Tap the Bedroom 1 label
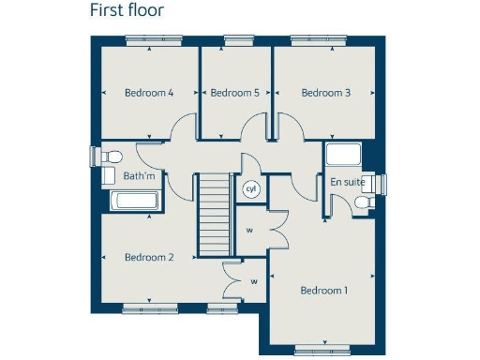[323, 291]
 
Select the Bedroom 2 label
[149, 258]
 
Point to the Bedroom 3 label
[325, 93]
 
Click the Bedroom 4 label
[149, 93]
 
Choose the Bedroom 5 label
[234, 93]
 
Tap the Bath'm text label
[138, 175]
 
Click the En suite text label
[348, 181]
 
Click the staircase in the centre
[214, 216]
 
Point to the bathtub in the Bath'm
[136, 200]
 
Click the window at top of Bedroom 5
[236, 39]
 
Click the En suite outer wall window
[382, 184]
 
